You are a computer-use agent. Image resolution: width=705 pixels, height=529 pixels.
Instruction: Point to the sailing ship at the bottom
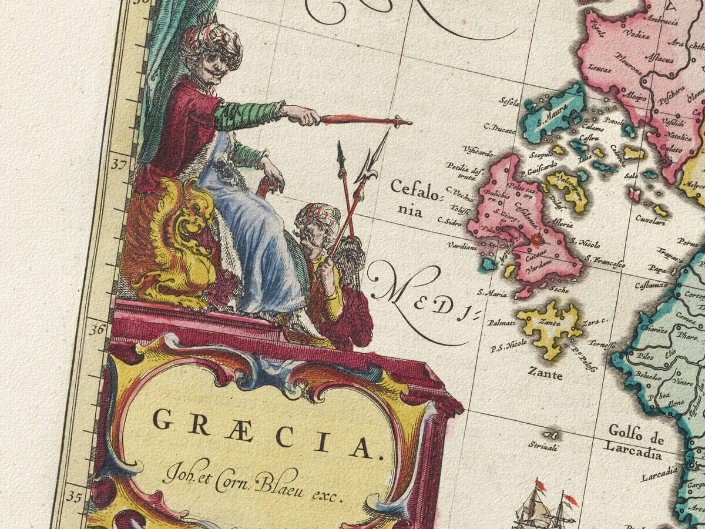click(538, 508)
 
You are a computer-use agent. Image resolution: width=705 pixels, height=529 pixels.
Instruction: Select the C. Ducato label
click(499, 127)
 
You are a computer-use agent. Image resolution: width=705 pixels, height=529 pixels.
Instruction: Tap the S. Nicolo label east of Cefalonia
click(586, 242)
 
